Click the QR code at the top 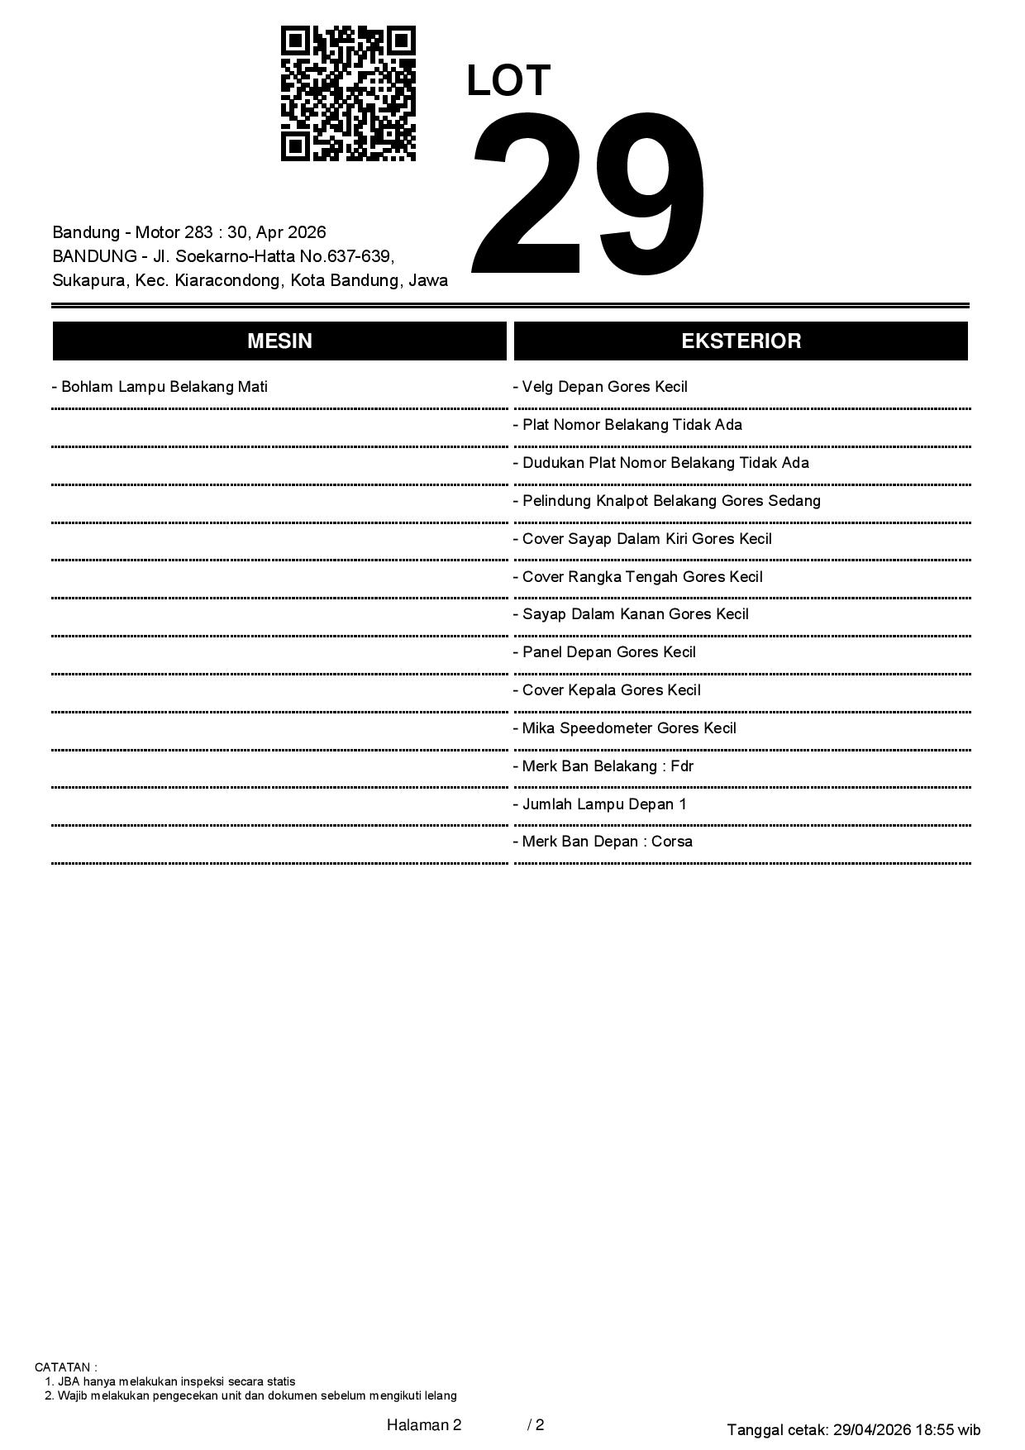[x=348, y=93]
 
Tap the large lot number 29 [x=589, y=192]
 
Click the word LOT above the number [x=508, y=81]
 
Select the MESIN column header [x=279, y=341]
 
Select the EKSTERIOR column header [x=741, y=341]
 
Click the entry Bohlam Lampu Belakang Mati [x=160, y=387]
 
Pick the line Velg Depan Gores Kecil [x=601, y=387]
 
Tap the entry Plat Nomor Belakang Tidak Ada [x=628, y=425]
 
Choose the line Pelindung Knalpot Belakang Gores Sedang [x=667, y=501]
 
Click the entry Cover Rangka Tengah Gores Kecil [x=638, y=577]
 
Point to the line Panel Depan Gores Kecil [x=605, y=652]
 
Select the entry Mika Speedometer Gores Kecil [x=625, y=728]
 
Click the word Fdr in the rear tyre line [x=682, y=766]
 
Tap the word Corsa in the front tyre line [x=672, y=842]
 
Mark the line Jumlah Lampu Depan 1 [x=600, y=804]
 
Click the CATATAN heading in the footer [x=65, y=1367]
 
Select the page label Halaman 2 [x=423, y=1424]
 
